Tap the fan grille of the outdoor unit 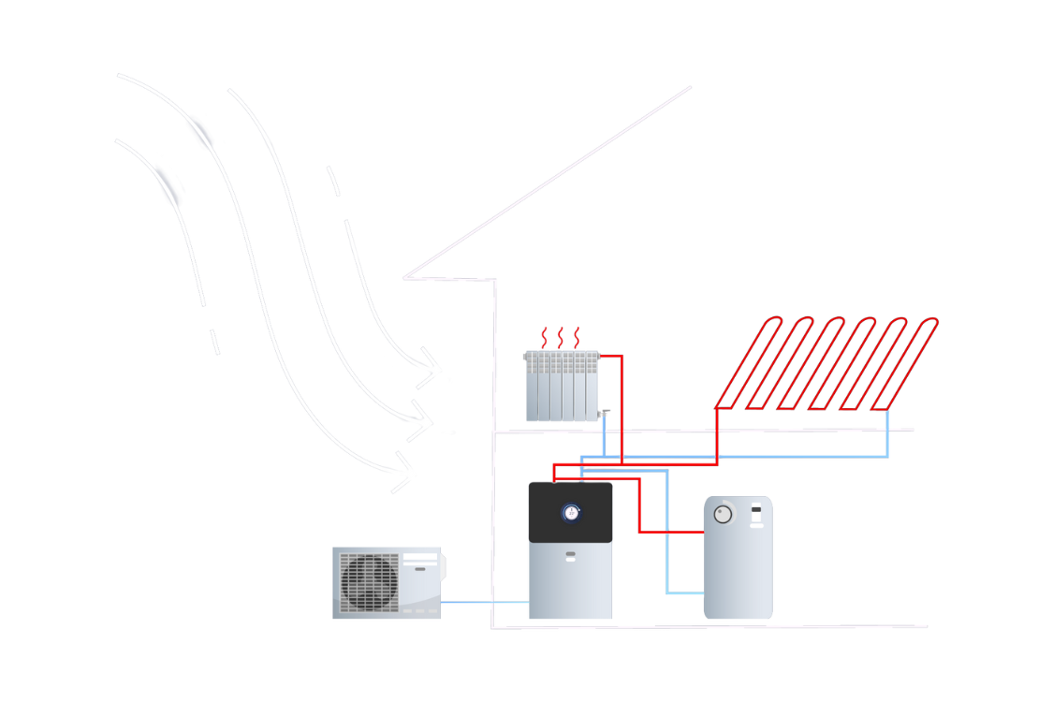pyautogui.click(x=369, y=582)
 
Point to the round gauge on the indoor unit pyautogui.click(x=571, y=512)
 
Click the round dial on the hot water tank pyautogui.click(x=724, y=514)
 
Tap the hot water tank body pyautogui.click(x=739, y=571)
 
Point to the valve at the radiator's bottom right pyautogui.click(x=606, y=413)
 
